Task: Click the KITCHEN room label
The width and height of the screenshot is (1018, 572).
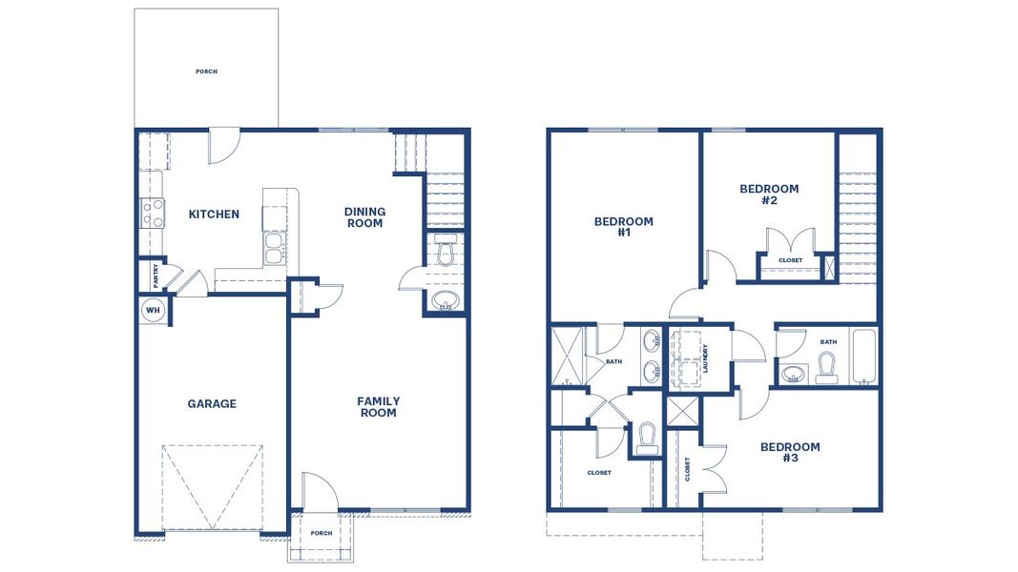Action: pos(214,214)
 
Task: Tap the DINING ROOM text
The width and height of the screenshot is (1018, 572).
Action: pos(364,217)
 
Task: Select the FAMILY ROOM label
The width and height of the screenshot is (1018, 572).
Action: pos(378,407)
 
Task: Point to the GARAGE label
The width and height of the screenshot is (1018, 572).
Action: pos(211,404)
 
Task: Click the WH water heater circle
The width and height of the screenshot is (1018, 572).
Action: pos(153,310)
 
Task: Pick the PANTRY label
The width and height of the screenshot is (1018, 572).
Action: pos(156,276)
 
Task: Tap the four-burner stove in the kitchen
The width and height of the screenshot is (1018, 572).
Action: pos(153,212)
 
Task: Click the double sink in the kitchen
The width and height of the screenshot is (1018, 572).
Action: pos(274,249)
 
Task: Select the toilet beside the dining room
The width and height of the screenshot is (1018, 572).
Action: pos(445,254)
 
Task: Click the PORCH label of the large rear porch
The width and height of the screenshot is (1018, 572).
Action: pos(206,71)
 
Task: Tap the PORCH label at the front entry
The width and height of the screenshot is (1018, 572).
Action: pos(322,533)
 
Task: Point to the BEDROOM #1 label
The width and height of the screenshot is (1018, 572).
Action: pos(623,227)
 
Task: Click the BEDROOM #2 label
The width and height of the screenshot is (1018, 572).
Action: pos(769,194)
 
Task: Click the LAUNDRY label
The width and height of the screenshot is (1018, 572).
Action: pos(705,357)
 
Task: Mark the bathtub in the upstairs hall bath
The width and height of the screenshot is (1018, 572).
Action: pos(863,357)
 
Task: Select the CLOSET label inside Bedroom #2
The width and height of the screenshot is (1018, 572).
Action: pos(790,260)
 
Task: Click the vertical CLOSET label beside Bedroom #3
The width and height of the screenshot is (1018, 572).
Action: pos(687,469)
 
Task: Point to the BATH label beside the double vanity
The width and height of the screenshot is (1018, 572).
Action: pos(614,361)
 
